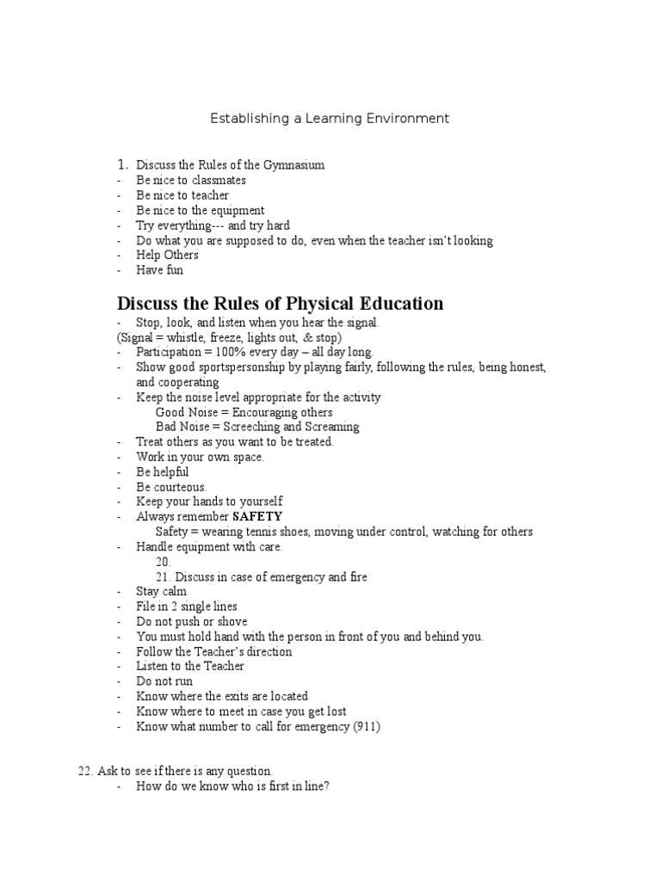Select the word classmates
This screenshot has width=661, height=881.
click(x=216, y=181)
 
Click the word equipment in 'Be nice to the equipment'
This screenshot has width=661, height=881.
click(x=237, y=211)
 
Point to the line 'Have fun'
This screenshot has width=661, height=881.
click(x=159, y=270)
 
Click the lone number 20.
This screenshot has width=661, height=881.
click(x=164, y=562)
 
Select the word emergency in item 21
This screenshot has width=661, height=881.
click(x=294, y=577)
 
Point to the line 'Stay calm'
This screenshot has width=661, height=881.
click(x=161, y=592)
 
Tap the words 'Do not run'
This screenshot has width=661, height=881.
click(x=164, y=681)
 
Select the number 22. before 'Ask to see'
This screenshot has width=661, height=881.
click(x=86, y=771)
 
